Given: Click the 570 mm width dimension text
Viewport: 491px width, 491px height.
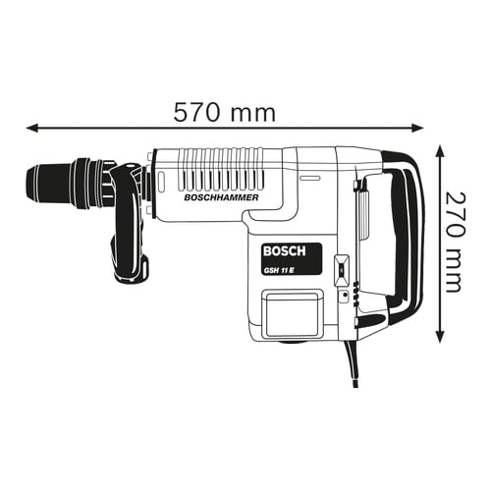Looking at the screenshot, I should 224,111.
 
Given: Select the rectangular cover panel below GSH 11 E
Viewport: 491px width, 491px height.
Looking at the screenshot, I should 291,315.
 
